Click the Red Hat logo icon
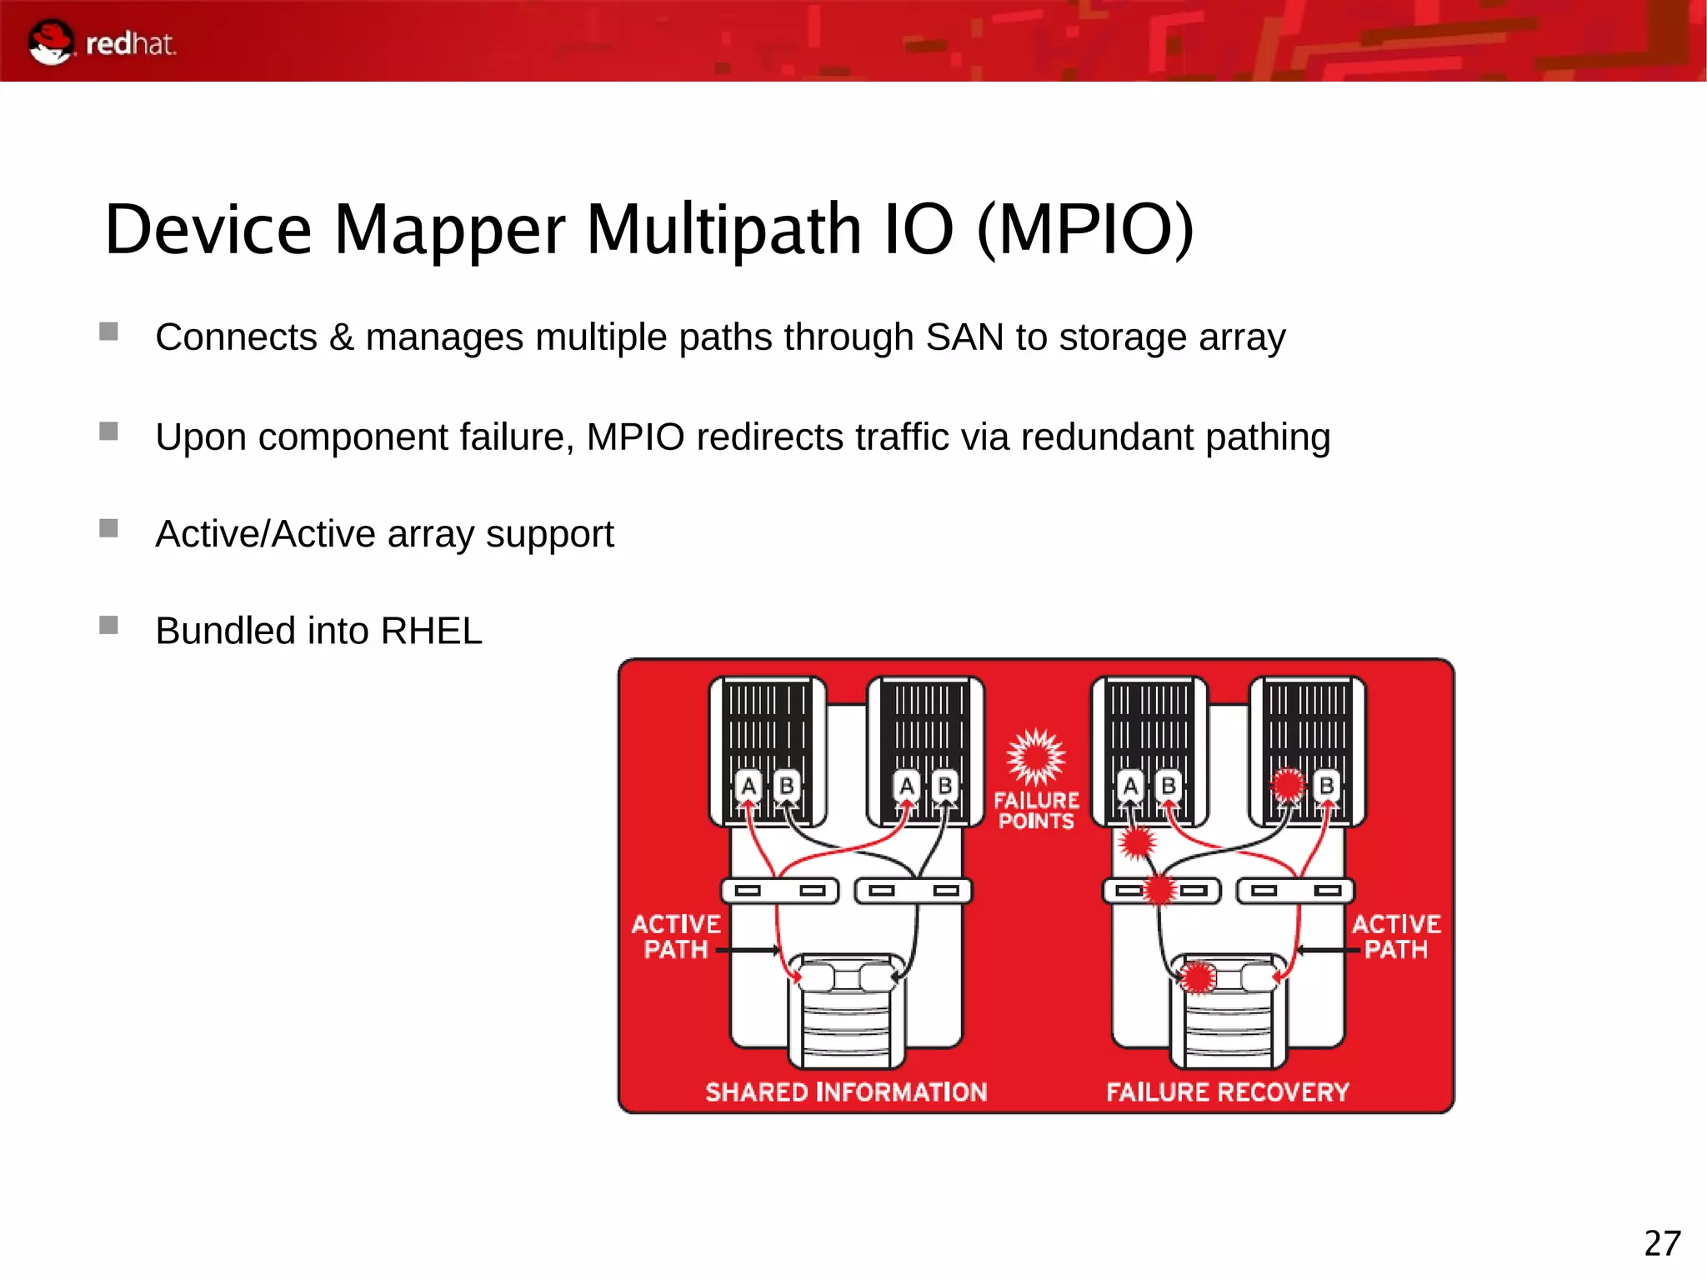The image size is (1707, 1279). (x=51, y=42)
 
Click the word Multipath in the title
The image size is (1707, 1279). (x=723, y=229)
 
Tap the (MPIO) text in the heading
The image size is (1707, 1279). (x=1085, y=229)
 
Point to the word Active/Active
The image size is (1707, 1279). (x=265, y=534)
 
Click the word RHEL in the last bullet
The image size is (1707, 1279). (x=431, y=631)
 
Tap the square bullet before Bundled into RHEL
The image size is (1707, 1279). (x=108, y=625)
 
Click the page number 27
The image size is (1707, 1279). (x=1662, y=1243)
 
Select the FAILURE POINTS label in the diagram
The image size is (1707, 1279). (x=1036, y=811)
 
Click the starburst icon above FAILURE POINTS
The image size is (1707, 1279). (x=1035, y=757)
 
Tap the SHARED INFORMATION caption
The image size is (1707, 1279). (x=846, y=1092)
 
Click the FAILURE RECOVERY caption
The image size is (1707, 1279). (x=1227, y=1092)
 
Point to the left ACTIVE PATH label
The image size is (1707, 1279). (x=675, y=937)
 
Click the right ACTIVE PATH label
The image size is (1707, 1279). (x=1396, y=937)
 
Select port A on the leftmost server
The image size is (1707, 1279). (x=748, y=786)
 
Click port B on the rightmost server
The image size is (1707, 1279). (x=1326, y=786)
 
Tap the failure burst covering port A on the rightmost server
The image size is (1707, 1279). (x=1288, y=784)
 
